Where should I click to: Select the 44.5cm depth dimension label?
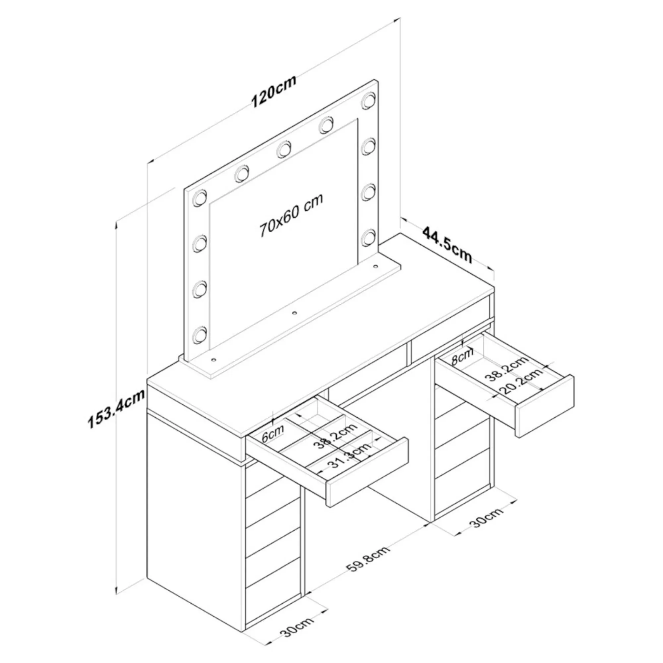click(447, 244)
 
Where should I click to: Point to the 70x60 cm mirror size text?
click(291, 215)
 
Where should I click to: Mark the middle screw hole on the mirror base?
click(294, 313)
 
